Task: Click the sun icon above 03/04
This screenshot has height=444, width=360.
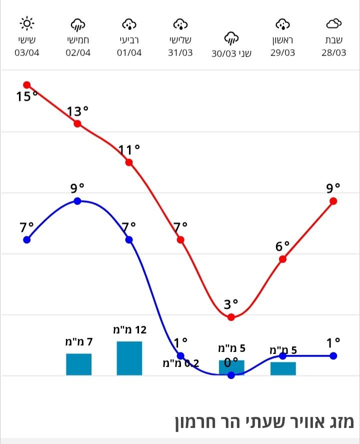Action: (27, 23)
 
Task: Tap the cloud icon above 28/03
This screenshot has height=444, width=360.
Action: (333, 23)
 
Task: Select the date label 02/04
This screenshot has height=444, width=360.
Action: (78, 53)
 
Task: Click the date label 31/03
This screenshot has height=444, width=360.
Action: (180, 53)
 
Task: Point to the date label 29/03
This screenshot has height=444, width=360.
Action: (283, 53)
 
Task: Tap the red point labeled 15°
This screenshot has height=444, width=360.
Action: (27, 85)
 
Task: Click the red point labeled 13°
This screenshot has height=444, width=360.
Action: (77, 123)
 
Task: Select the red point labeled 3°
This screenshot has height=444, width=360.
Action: (231, 317)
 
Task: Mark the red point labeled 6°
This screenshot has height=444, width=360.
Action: (283, 259)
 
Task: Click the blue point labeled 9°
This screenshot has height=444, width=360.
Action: (77, 201)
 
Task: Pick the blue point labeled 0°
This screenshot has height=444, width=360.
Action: (231, 375)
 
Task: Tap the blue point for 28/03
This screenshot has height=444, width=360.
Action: (333, 355)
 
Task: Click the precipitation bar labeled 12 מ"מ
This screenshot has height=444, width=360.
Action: (129, 358)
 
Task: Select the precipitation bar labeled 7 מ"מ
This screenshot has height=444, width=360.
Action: (78, 364)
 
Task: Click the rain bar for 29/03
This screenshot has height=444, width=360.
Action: (283, 368)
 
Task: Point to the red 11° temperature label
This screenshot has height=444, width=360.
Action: (129, 149)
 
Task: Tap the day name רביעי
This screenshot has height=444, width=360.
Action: (129, 39)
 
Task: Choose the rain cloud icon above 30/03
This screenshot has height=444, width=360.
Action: (231, 37)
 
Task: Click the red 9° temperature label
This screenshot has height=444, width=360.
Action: (333, 188)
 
